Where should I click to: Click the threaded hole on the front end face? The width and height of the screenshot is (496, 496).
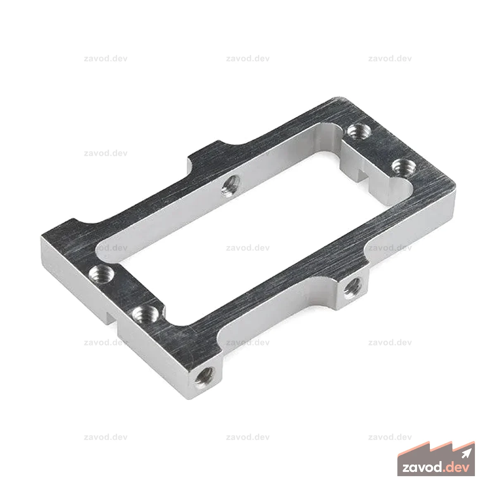[204, 378]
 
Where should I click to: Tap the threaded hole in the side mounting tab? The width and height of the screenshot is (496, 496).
[352, 288]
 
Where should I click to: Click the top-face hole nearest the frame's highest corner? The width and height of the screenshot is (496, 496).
[359, 131]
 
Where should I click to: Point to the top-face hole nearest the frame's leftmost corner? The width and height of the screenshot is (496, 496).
[101, 274]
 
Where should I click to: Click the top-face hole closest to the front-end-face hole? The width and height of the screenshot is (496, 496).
[145, 315]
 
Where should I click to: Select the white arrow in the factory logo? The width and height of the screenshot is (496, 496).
[467, 453]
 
